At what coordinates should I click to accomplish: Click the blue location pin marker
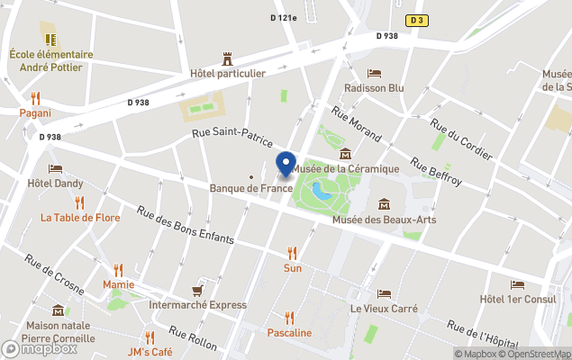(286, 165)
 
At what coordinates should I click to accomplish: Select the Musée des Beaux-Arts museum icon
(385, 203)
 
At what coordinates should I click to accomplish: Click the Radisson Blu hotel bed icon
(374, 74)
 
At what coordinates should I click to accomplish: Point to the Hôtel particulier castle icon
(227, 58)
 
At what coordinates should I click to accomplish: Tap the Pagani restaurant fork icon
(35, 98)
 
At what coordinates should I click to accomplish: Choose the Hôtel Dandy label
(55, 184)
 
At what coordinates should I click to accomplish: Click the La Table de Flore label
(80, 217)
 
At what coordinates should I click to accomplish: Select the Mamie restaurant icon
(118, 269)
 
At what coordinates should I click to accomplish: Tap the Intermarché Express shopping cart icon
(197, 290)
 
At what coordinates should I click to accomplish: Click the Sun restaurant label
(292, 268)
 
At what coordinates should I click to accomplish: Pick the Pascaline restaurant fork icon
(289, 318)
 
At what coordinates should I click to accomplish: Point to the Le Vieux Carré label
(384, 308)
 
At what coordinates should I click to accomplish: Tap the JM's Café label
(150, 351)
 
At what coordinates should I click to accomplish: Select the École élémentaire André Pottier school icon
(51, 39)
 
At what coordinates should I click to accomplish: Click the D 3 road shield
(415, 20)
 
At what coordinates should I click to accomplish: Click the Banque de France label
(251, 188)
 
